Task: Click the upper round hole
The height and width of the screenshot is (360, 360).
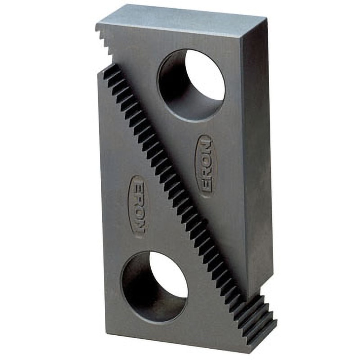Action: (191, 85)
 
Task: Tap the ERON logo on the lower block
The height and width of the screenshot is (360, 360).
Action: (139, 207)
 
